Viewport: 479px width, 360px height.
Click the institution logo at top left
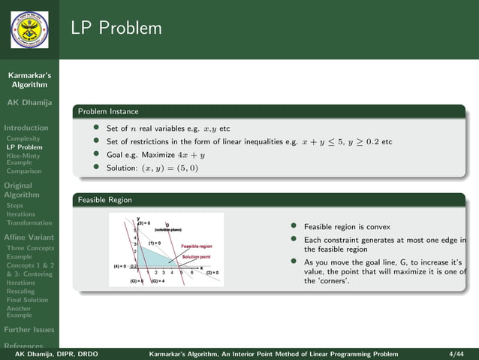click(x=29, y=29)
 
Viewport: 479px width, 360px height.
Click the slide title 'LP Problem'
click(x=116, y=29)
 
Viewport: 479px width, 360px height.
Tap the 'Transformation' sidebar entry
click(x=29, y=223)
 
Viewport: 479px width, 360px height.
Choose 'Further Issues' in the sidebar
click(x=29, y=329)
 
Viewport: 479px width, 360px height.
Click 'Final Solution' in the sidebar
click(x=27, y=300)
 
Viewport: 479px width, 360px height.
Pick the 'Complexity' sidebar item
click(x=24, y=138)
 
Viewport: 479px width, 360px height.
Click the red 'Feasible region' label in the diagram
click(x=197, y=246)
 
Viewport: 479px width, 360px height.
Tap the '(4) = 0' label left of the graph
click(x=119, y=266)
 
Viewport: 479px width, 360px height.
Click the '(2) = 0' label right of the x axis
click(x=212, y=273)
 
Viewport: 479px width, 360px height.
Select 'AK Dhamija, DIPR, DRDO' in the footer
click(x=51, y=353)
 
